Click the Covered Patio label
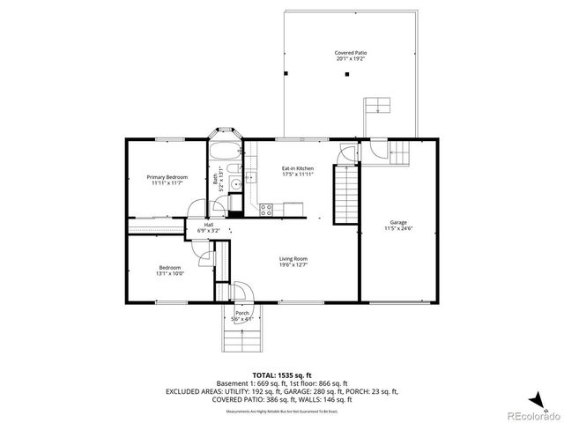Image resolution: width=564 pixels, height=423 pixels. (350, 53)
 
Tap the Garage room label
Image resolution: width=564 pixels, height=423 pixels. (398, 221)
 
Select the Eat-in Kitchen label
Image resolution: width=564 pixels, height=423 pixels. (297, 167)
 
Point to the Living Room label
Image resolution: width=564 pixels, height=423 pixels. (293, 258)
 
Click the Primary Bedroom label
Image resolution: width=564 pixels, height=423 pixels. (167, 177)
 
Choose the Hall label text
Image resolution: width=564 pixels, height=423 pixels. (209, 225)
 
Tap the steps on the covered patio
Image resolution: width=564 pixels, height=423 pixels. (377, 108)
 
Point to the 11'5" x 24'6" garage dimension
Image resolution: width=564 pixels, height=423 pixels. (398, 228)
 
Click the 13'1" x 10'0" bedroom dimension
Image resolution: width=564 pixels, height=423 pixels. (171, 274)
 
